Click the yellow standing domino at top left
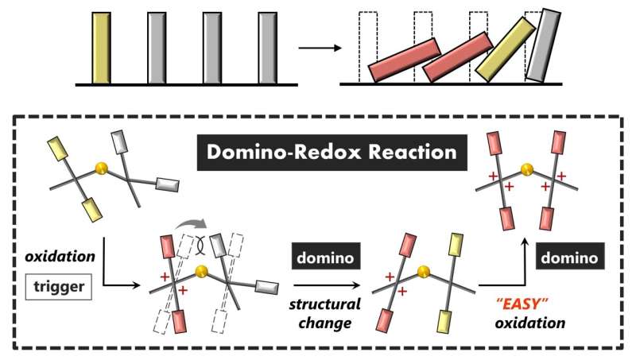point(101,48)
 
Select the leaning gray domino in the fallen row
point(541,45)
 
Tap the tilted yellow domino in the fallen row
point(503,48)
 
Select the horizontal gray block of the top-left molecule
point(166,184)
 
